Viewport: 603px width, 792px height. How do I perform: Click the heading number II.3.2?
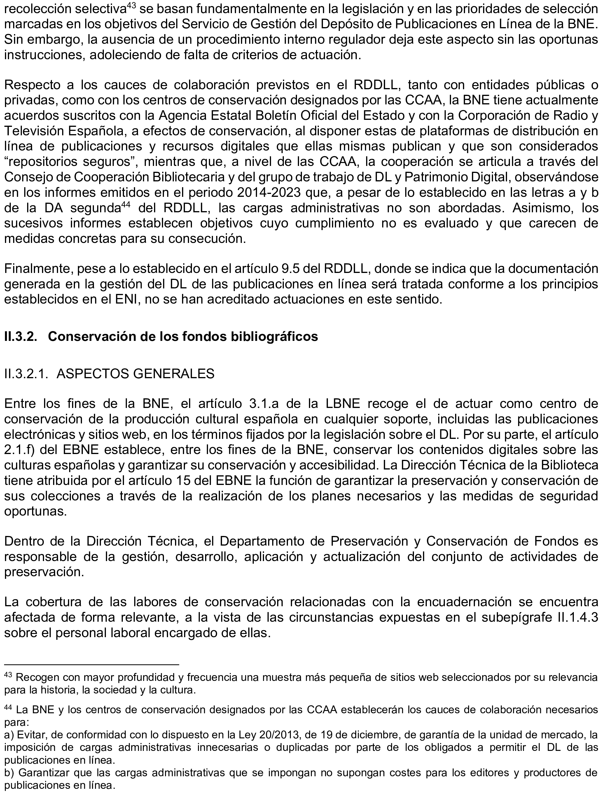coord(21,337)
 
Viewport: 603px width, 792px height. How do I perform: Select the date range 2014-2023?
coord(269,193)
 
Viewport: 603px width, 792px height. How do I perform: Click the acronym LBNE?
coord(343,404)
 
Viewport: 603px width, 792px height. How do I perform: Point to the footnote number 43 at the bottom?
coord(8,675)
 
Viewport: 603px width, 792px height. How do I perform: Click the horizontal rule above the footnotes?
coord(92,664)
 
